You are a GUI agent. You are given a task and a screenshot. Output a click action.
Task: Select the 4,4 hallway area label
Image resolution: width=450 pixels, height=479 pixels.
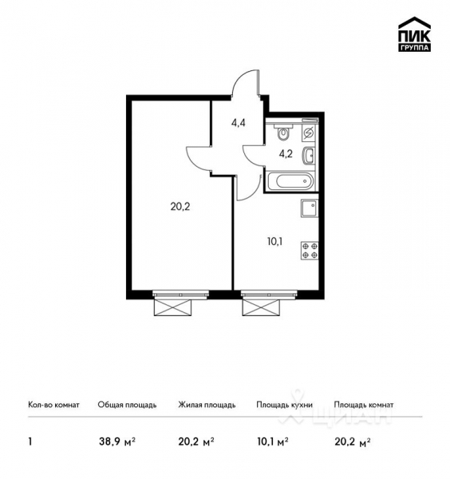(239, 124)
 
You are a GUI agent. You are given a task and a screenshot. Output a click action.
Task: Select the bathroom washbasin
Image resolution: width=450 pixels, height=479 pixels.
(310, 155)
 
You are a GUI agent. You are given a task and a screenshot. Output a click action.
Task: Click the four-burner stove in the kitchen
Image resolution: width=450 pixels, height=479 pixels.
(309, 251)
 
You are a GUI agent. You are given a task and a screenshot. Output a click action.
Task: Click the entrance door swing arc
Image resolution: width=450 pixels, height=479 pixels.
(249, 80)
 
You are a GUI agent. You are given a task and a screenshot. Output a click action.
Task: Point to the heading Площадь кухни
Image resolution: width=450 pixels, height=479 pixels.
(284, 405)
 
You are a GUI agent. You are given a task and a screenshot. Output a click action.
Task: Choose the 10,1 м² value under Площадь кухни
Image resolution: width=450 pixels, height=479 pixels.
(272, 441)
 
